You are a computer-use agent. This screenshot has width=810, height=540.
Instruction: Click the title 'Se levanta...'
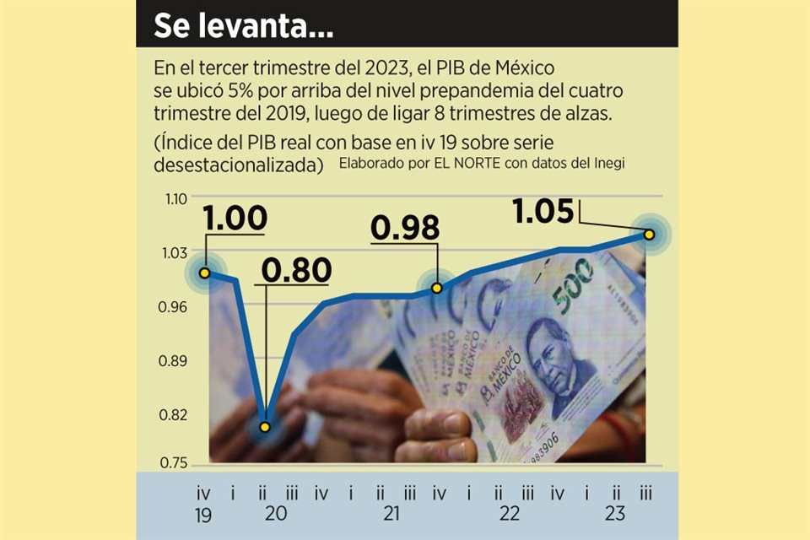243,26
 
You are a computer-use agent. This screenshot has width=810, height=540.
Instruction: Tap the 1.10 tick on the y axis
175,200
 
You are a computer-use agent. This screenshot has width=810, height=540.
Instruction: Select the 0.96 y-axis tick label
175,308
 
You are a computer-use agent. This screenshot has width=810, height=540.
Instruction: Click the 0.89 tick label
175,361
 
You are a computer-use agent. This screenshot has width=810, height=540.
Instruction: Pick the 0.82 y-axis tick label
175,415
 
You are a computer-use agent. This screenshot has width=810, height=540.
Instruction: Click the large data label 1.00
235,219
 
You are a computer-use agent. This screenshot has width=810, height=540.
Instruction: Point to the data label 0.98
406,229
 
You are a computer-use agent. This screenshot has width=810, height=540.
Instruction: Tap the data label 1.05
543,212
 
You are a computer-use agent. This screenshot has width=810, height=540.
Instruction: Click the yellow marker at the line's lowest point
265,427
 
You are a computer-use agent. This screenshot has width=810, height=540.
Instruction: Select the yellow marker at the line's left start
204,273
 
